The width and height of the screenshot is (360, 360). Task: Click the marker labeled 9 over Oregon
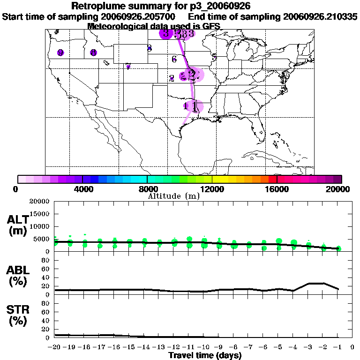click(x=60, y=53)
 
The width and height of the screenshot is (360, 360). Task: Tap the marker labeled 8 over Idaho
click(x=94, y=53)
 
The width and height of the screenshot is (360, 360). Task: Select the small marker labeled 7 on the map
click(x=128, y=67)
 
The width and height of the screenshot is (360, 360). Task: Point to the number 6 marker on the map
click(x=174, y=59)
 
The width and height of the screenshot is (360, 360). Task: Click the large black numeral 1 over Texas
click(x=195, y=106)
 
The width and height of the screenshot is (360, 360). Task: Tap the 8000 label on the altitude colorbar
click(x=147, y=189)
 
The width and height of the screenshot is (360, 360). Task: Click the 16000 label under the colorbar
click(x=277, y=189)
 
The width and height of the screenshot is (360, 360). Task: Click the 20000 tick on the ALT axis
click(x=40, y=202)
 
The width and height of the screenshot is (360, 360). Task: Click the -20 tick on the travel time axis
click(x=54, y=347)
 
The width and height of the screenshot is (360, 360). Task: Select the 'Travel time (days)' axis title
click(x=205, y=355)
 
